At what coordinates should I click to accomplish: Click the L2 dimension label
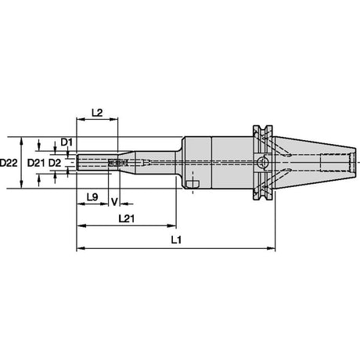click(x=97, y=113)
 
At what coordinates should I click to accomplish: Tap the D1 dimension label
click(x=67, y=142)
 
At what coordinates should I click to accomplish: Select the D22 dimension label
click(x=9, y=163)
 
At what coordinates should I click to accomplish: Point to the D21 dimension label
click(x=36, y=163)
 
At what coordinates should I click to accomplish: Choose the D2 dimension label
click(x=55, y=163)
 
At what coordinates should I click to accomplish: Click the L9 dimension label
click(x=92, y=197)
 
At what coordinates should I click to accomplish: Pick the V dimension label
click(x=114, y=202)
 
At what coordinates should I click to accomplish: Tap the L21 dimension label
click(x=127, y=218)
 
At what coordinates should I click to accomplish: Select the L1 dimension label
click(x=176, y=240)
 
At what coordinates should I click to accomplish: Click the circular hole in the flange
click(x=262, y=163)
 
